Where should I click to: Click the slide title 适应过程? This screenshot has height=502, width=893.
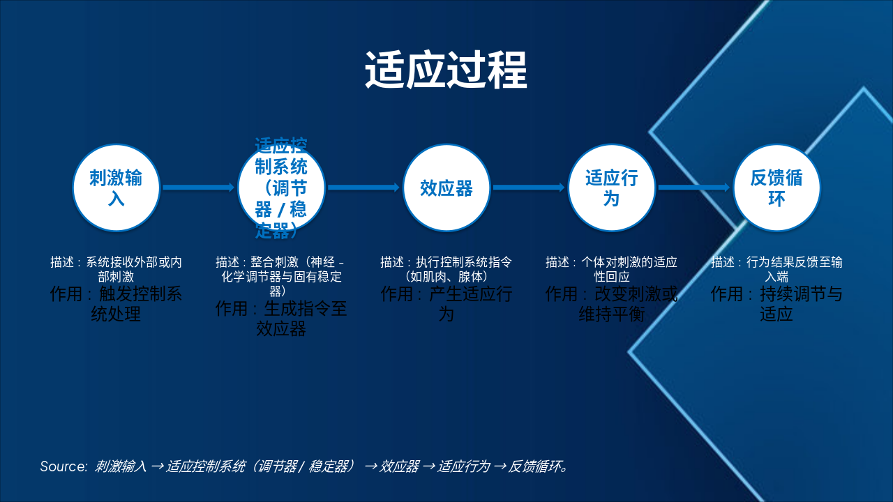[446, 70]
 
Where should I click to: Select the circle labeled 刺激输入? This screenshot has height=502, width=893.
[117, 188]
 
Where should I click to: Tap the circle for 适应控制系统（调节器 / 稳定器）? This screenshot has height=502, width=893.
[281, 188]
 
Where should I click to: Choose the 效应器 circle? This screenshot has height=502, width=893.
[446, 188]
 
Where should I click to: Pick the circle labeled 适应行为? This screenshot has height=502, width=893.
[611, 188]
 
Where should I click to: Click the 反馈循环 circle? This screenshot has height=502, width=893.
[776, 188]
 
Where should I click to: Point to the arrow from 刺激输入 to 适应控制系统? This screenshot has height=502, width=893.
[198, 188]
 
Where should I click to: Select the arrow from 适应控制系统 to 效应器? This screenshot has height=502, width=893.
[363, 188]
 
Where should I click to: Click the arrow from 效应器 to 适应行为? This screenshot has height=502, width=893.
[528, 188]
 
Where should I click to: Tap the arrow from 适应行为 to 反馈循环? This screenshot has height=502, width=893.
[693, 188]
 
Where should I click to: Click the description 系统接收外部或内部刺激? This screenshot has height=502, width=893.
[116, 269]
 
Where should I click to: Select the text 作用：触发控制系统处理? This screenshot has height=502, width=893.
[116, 304]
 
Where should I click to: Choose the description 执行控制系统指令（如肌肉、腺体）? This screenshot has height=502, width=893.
[446, 269]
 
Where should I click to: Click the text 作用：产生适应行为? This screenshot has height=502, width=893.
[446, 304]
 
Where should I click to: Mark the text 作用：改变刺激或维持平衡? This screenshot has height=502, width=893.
[611, 304]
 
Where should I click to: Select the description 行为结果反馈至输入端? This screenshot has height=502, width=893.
[776, 269]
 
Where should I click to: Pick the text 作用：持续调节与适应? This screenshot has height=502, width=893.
[776, 304]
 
